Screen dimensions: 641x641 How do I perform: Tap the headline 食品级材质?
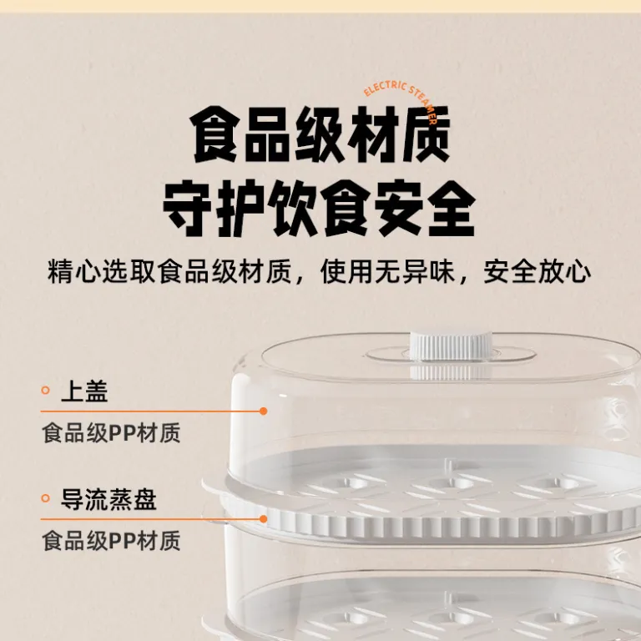(x=320, y=135)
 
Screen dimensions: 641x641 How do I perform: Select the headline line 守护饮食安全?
(x=320, y=208)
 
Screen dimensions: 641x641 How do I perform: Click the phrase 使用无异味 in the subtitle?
(x=387, y=272)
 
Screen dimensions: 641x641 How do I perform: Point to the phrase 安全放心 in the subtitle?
(x=538, y=272)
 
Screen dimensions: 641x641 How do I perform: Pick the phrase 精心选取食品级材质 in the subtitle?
(x=169, y=272)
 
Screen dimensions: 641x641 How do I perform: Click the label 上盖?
(x=84, y=391)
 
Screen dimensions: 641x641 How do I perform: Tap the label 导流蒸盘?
(x=109, y=499)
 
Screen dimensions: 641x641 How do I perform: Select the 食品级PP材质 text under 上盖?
(x=111, y=433)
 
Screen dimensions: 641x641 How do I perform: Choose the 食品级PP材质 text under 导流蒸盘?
(x=111, y=541)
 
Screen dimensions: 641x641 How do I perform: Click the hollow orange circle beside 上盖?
(x=45, y=391)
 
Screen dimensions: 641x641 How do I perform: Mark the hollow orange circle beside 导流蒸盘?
(x=45, y=498)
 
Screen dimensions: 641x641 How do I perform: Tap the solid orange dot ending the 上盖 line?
(x=264, y=411)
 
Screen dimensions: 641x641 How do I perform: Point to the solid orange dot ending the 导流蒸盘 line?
(x=264, y=519)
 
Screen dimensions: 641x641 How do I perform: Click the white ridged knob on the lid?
(x=451, y=346)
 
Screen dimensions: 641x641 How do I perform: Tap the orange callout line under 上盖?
(x=152, y=411)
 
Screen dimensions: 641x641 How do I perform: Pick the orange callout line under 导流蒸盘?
(x=152, y=519)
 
